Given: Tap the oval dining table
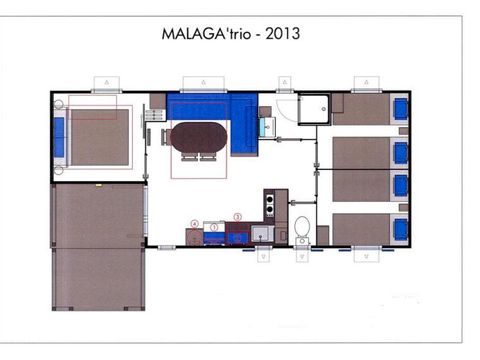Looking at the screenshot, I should [x=199, y=136].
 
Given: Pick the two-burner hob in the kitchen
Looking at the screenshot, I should [x=268, y=205].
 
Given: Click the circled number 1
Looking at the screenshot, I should [x=214, y=228].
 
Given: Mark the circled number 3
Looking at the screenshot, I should [x=237, y=217].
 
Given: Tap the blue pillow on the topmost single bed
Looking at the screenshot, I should [x=400, y=107].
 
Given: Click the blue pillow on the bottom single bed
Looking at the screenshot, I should [x=400, y=229].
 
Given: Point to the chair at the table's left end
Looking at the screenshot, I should [x=164, y=136].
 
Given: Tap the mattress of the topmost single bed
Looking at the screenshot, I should [x=363, y=108].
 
